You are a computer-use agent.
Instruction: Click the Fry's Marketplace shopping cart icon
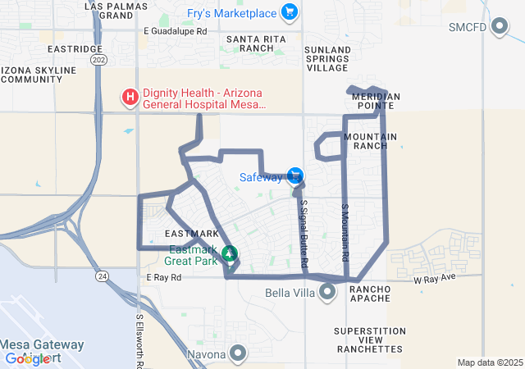[288, 11]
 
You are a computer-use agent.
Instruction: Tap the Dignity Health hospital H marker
[130, 98]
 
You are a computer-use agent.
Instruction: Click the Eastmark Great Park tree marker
[230, 253]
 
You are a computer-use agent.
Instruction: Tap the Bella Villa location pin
[328, 292]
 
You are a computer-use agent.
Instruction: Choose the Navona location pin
[238, 354]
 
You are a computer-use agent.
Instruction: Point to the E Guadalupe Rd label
[175, 31]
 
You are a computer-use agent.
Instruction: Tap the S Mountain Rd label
[345, 234]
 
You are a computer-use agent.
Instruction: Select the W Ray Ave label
[434, 280]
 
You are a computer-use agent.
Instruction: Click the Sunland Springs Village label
[326, 58]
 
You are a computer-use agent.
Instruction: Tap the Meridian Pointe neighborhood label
[376, 102]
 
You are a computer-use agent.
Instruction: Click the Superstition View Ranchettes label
[370, 340]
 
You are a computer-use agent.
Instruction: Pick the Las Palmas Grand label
[110, 10]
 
